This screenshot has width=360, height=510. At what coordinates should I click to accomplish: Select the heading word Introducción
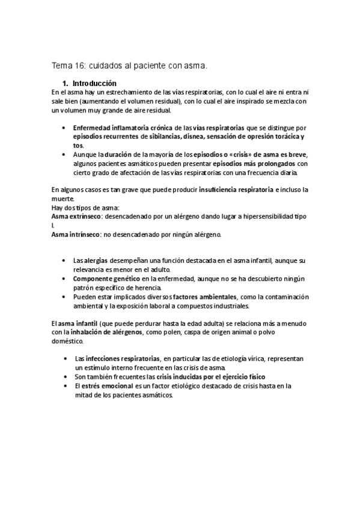coord(95,83)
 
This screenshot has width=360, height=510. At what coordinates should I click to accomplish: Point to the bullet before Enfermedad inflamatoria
coord(64,128)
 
